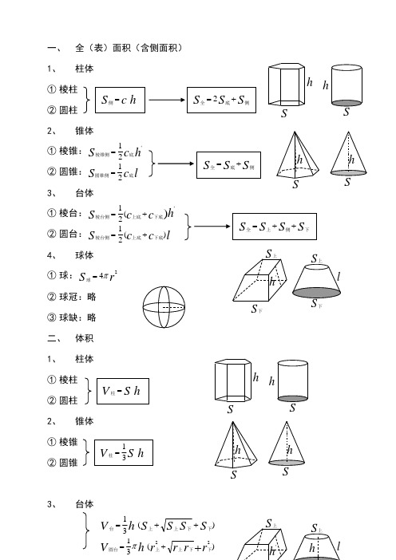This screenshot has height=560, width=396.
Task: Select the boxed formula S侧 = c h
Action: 117,100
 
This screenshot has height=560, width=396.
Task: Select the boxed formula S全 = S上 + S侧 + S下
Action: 271,227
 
